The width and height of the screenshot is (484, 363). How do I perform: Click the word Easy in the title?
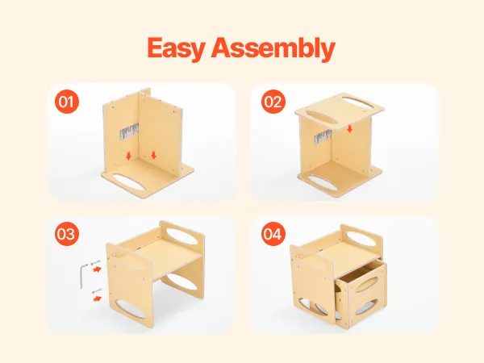176,48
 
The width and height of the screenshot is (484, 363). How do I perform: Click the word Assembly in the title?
273,48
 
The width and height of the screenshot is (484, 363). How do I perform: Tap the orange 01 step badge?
67,102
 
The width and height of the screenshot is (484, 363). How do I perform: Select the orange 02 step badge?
273,102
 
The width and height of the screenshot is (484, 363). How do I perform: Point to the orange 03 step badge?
67,234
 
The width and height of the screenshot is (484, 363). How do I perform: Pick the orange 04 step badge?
273,234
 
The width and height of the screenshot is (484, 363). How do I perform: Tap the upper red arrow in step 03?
97,269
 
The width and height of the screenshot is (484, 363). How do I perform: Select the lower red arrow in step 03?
97,298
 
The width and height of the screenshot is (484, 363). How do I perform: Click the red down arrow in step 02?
349,129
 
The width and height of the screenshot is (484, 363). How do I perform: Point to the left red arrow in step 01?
129,156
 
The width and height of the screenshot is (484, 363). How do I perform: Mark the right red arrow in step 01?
154,155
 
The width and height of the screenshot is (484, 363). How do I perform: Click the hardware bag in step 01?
129,131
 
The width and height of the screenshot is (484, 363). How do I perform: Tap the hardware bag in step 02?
323,137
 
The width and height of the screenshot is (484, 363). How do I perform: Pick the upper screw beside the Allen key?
95,263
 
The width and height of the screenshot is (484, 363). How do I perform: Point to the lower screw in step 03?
97,291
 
